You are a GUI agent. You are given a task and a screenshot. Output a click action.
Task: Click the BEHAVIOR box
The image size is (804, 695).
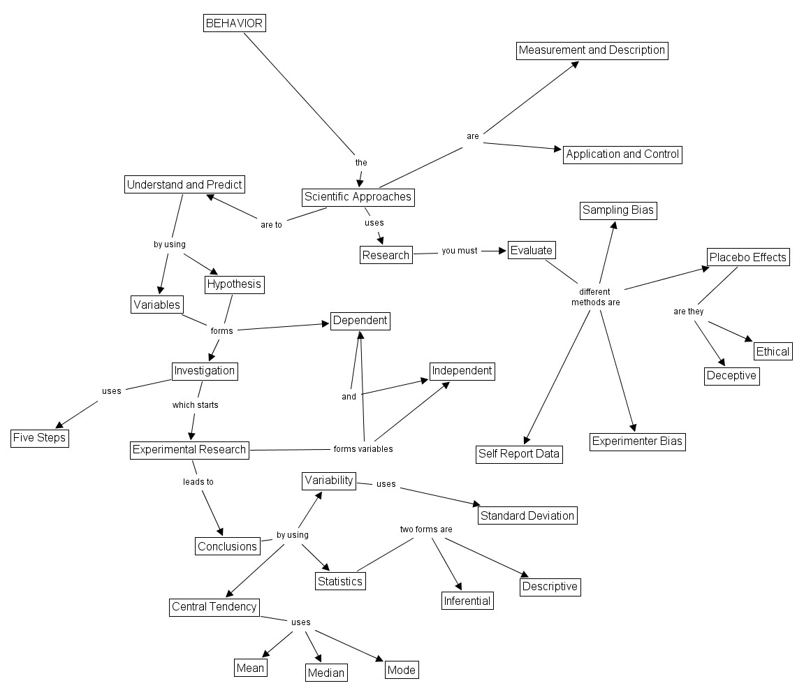click(x=234, y=23)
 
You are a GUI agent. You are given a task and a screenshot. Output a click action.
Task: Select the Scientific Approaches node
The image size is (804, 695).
click(x=358, y=197)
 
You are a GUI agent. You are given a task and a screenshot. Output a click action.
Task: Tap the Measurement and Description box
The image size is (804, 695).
click(x=592, y=50)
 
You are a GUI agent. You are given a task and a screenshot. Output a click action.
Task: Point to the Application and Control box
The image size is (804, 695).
click(x=622, y=154)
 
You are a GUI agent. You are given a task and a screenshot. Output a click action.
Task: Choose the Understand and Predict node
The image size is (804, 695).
click(x=184, y=185)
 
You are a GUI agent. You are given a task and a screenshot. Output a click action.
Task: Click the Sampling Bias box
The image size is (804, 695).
click(x=619, y=210)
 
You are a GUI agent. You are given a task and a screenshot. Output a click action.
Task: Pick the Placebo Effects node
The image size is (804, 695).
click(x=747, y=257)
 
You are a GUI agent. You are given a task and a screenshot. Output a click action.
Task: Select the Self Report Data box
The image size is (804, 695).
click(x=519, y=454)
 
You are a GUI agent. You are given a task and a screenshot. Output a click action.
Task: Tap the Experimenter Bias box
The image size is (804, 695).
click(x=637, y=441)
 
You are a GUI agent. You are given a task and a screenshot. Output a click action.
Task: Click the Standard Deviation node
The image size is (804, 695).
click(x=527, y=516)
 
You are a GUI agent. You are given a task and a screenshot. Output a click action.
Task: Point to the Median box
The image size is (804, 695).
click(x=326, y=673)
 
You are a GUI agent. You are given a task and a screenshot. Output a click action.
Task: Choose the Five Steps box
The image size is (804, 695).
click(x=39, y=438)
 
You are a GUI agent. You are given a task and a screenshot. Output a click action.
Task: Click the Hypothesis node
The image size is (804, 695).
click(x=234, y=284)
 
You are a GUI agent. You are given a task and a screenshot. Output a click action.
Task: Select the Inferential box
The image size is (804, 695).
click(x=467, y=601)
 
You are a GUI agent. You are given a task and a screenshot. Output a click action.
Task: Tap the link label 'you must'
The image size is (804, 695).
click(x=460, y=251)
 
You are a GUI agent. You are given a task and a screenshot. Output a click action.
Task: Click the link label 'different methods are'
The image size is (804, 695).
click(x=595, y=297)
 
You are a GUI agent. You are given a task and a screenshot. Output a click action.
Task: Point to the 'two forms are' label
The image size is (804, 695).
click(x=426, y=529)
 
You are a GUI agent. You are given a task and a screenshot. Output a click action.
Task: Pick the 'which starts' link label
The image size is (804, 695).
click(x=196, y=404)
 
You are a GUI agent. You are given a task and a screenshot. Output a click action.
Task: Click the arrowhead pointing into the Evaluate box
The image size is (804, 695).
click(x=502, y=251)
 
